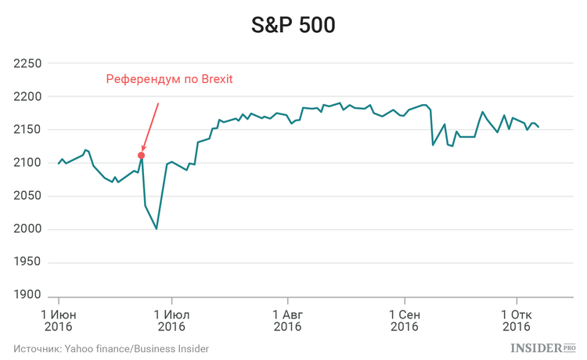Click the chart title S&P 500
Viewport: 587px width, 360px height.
coord(293,25)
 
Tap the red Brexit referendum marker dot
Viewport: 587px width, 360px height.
coord(141,155)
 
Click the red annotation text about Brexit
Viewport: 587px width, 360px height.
coord(170,79)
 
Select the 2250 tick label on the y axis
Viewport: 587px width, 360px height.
coord(29,64)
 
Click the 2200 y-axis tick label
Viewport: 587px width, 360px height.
coord(29,97)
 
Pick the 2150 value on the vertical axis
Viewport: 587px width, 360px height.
coord(29,130)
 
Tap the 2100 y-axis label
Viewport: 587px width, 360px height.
coord(29,163)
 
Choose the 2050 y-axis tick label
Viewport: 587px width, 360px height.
coord(29,196)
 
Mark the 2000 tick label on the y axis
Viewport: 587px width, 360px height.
coord(29,229)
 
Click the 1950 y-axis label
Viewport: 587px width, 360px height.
coord(29,262)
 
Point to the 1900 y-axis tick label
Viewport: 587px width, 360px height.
coord(29,295)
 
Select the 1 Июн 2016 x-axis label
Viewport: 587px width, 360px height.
coord(59,320)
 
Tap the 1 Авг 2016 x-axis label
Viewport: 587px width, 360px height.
coord(287,320)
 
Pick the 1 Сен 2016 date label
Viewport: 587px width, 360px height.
coord(405,320)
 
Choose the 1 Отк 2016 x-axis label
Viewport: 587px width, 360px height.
coord(516,320)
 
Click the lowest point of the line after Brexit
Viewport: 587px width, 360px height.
coord(157,229)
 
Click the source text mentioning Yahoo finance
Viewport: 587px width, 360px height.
coord(111,348)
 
